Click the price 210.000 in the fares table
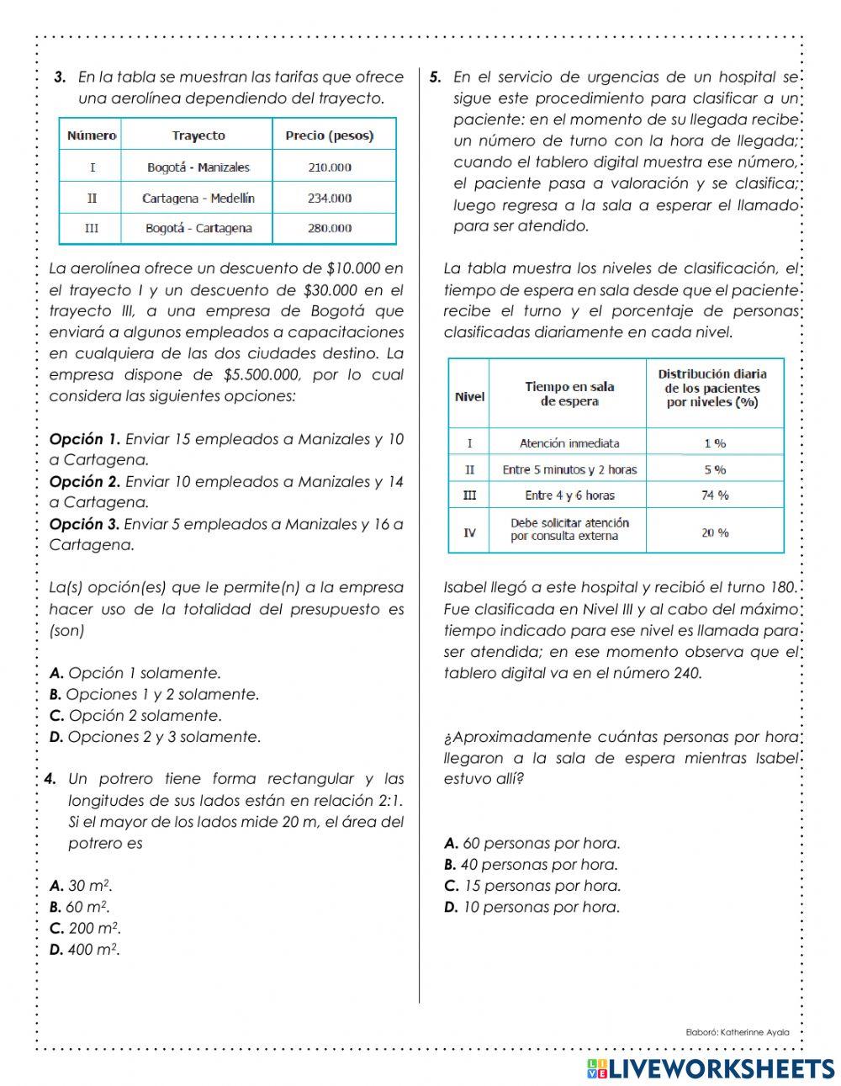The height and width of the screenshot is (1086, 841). coord(330,167)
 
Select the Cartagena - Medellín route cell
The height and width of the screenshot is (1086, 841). coord(198,199)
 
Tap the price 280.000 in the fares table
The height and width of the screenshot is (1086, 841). coord(330,228)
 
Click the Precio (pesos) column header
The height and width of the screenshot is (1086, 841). coord(330,135)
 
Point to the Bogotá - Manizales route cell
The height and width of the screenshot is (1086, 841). coord(198,167)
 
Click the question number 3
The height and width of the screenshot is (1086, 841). coord(60,77)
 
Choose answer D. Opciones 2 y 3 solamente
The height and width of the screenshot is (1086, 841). coord(155,737)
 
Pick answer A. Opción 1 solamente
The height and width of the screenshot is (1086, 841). coord(135,673)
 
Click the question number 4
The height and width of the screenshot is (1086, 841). coord(51,779)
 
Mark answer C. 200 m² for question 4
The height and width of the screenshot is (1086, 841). coord(85,929)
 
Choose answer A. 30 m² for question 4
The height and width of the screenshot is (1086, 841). coord(81,886)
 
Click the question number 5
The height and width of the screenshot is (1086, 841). coord(435,77)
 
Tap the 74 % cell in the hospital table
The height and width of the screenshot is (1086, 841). coord(714,495)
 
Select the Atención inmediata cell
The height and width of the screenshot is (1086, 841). coord(569,442)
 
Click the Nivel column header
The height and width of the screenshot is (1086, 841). coord(469,396)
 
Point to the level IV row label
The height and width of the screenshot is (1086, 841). coord(469,532)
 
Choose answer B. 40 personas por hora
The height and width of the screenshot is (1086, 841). coord(531,865)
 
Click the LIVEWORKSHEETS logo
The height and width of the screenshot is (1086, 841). coord(710,1068)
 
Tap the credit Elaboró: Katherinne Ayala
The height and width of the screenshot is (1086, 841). coord(738,1031)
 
